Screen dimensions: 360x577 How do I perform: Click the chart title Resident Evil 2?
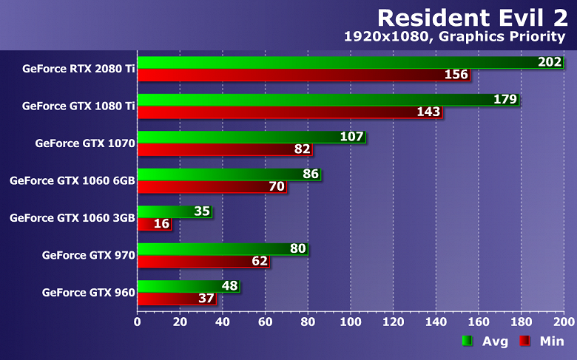pos(473,17)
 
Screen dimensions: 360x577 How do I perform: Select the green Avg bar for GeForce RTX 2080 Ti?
pos(340,62)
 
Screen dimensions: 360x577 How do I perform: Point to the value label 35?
pos(202,211)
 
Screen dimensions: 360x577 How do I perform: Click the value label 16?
pos(162,224)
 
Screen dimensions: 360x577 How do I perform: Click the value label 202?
pos(550,62)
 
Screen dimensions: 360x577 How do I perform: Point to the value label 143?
pos(428,112)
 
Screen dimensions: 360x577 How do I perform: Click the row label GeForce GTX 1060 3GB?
pos(72,217)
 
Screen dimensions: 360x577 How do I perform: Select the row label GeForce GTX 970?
pos(89,255)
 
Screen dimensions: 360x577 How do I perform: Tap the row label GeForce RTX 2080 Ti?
pos(78,68)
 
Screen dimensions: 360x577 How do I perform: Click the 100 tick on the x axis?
pos(351,322)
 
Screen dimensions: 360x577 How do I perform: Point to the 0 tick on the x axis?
pos(138,322)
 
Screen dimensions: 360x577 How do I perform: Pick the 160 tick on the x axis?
pos(479,322)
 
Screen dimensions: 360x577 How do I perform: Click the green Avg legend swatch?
pos(467,341)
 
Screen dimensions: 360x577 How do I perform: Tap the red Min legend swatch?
pos(524,341)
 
